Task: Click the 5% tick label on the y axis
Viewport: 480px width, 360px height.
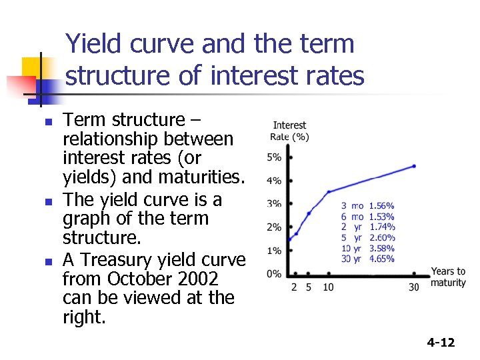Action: tap(274, 158)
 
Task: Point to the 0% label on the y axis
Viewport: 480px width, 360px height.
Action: tap(274, 274)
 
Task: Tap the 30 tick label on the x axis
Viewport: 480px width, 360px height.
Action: tap(413, 287)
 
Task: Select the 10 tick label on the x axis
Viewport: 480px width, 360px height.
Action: tap(328, 287)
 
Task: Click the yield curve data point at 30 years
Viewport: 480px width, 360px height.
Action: tap(414, 166)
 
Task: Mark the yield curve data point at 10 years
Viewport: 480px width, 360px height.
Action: tap(328, 192)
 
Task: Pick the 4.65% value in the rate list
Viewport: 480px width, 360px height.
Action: tap(381, 259)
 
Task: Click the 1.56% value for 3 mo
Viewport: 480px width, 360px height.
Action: tap(381, 206)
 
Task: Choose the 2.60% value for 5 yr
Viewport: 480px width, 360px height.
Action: tap(381, 238)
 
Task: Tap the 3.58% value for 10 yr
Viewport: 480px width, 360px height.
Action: tap(381, 249)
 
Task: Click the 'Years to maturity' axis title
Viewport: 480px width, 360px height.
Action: tap(448, 277)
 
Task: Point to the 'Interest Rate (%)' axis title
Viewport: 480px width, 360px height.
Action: tap(289, 131)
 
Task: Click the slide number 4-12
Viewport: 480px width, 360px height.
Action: tap(441, 343)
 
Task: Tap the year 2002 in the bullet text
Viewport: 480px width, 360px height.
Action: tap(199, 278)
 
